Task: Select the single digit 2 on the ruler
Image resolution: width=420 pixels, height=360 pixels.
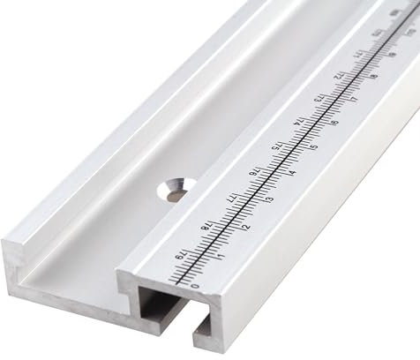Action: [245, 227]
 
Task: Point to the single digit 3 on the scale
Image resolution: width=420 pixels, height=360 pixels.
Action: [269, 199]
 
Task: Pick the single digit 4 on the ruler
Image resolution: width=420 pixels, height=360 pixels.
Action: [292, 173]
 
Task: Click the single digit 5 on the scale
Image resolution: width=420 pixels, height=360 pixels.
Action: [314, 146]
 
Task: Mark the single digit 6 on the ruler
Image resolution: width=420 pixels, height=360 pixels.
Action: [335, 122]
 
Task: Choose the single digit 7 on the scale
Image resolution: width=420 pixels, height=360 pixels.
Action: [356, 99]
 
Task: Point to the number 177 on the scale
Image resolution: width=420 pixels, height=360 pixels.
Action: [229, 199]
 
